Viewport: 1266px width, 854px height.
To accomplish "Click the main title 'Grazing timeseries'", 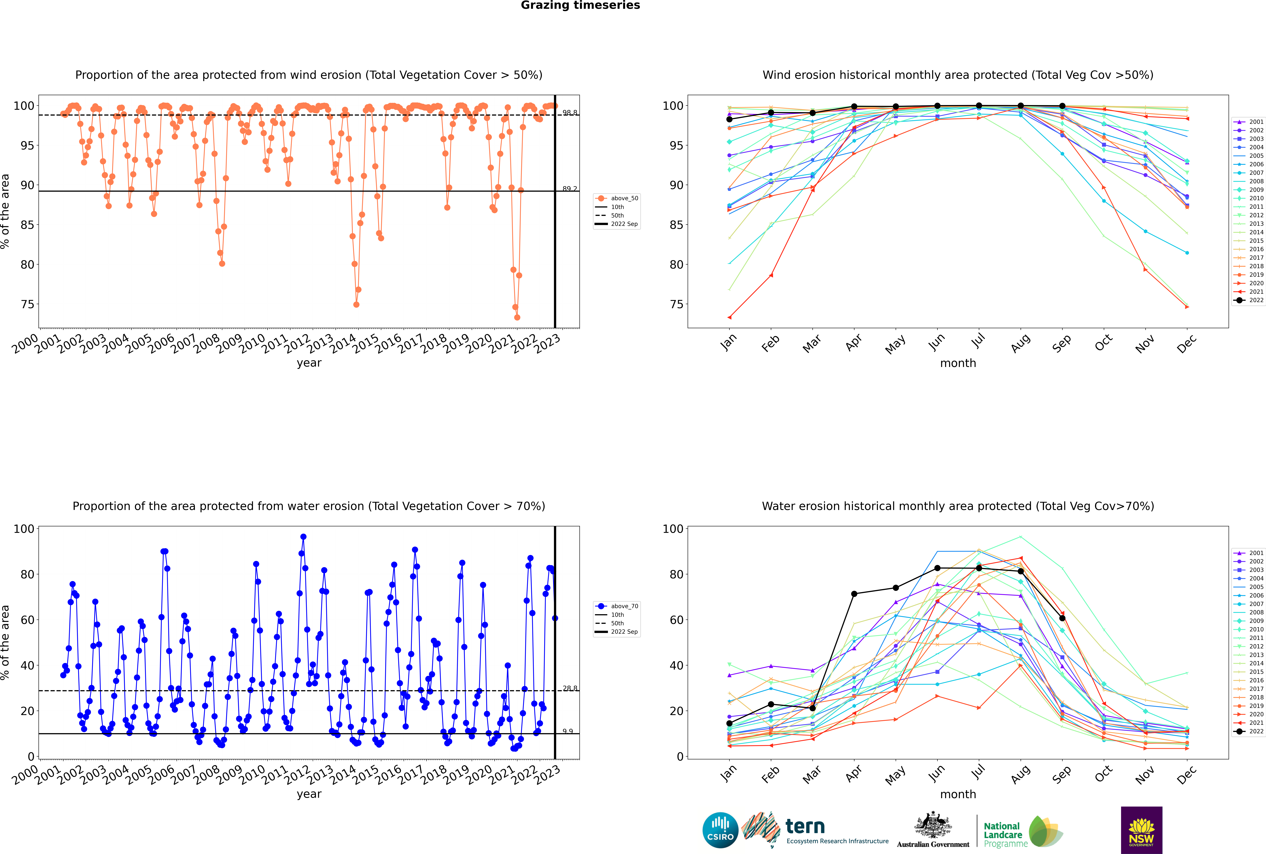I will click(x=580, y=5).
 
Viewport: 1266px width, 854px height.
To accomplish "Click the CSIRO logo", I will click(x=720, y=830).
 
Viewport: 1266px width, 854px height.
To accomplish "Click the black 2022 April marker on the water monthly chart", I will click(x=854, y=594).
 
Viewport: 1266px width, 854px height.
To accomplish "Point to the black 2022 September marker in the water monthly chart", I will click(x=1062, y=618).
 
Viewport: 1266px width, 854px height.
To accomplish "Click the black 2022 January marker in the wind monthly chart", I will click(x=729, y=119).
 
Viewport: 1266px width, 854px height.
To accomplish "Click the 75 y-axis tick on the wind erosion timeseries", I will click(x=27, y=304).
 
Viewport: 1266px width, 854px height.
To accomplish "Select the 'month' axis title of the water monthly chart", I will click(x=958, y=794).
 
